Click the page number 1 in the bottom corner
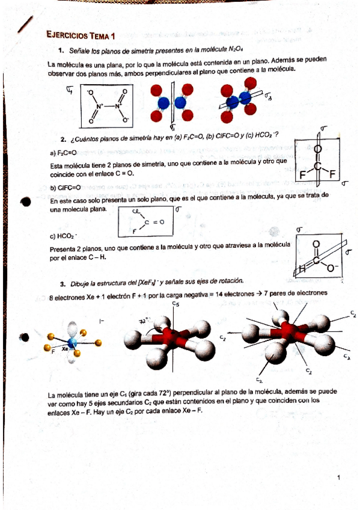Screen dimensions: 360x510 pyautogui.click(x=340, y=478)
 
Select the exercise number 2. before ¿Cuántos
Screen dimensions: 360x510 pyautogui.click(x=64, y=138)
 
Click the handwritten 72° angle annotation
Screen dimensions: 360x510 pyautogui.click(x=143, y=321)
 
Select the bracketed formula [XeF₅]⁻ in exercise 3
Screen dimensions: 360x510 pyautogui.click(x=148, y=281)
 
